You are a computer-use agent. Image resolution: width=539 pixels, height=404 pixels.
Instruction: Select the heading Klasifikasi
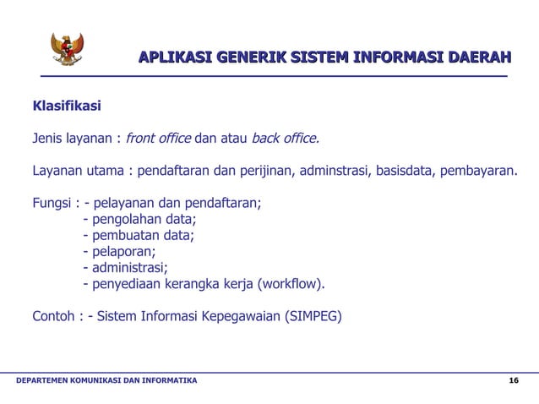[x=67, y=107]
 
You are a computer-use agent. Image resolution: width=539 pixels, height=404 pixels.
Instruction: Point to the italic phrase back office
[x=286, y=139]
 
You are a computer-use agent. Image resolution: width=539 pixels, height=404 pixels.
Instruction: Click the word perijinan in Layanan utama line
[x=260, y=172]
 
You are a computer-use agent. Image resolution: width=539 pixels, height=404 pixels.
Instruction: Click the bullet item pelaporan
[x=123, y=252]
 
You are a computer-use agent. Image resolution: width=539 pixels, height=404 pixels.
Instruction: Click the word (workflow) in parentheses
[x=292, y=284]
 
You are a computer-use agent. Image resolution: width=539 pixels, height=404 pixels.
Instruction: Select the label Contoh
[x=54, y=318]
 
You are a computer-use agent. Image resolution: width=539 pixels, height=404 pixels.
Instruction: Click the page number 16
[x=514, y=382]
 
